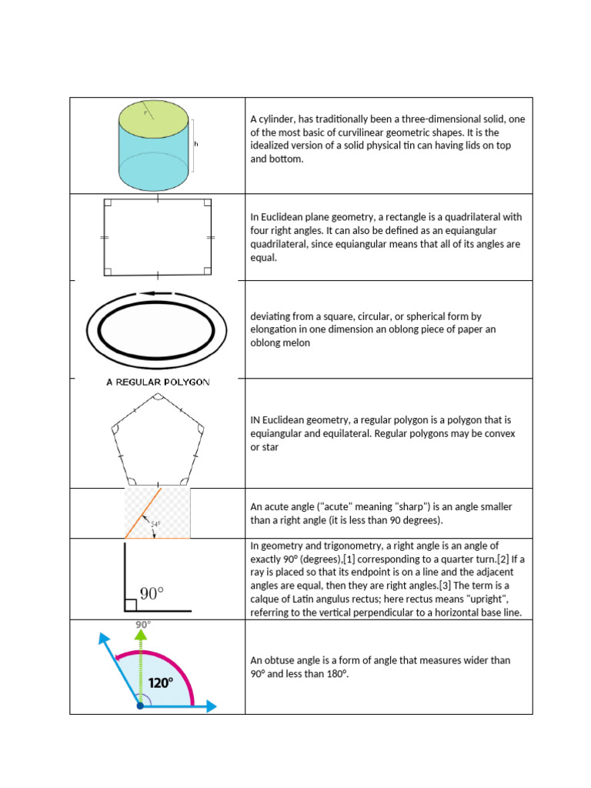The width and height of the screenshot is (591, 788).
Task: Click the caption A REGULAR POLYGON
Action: (158, 382)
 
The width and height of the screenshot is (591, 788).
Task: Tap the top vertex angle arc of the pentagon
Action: (157, 398)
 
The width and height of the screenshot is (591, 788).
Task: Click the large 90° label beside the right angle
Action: (152, 594)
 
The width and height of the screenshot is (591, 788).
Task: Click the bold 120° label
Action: (161, 683)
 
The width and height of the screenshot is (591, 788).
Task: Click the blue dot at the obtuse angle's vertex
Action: (139, 705)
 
